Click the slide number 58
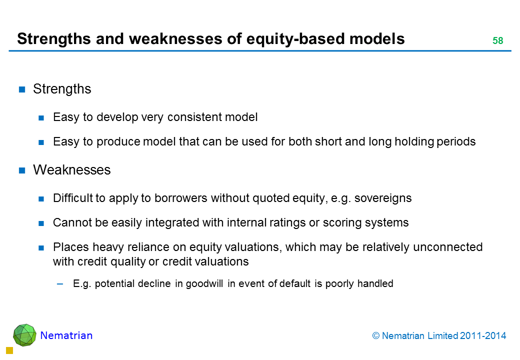pyautogui.click(x=498, y=40)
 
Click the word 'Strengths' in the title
pyautogui.click(x=53, y=39)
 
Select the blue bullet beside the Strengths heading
pyautogui.click(x=22, y=89)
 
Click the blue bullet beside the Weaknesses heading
pyautogui.click(x=22, y=170)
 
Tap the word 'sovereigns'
pyautogui.click(x=382, y=198)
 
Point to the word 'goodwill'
pyautogui.click(x=204, y=284)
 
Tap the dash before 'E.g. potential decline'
pyautogui.click(x=60, y=284)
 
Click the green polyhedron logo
pyautogui.click(x=24, y=335)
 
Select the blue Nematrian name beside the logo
pyautogui.click(x=66, y=335)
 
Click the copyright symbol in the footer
pyautogui.click(x=375, y=336)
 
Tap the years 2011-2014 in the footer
pyautogui.click(x=483, y=336)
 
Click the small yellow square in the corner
pyautogui.click(x=9, y=350)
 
